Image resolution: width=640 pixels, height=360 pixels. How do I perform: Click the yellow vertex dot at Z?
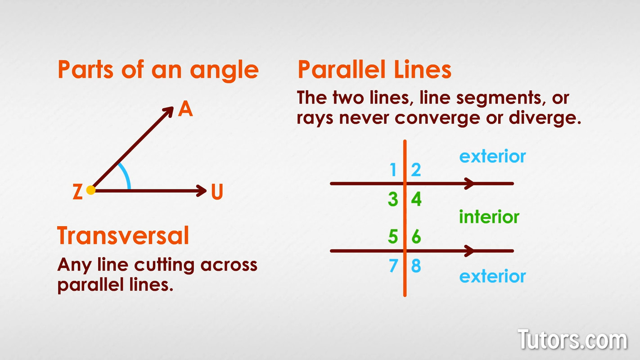tap(91, 190)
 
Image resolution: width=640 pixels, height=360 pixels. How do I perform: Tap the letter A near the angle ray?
tap(185, 108)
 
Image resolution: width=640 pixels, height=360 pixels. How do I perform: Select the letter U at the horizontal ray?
tap(217, 191)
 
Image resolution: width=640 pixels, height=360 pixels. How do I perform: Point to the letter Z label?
tap(77, 191)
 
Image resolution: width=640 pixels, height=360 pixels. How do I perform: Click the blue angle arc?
tap(126, 175)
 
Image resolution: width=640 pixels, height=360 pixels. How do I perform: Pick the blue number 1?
tap(393, 170)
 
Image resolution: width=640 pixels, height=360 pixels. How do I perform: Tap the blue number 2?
tap(416, 170)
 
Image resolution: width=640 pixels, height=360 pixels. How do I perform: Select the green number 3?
tap(393, 199)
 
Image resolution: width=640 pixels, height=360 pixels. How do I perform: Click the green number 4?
tap(416, 199)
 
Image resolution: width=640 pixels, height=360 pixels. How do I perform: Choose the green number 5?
tap(393, 237)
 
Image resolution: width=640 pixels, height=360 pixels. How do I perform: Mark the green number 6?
tap(416, 237)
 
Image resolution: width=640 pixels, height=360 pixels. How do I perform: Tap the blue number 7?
tap(393, 265)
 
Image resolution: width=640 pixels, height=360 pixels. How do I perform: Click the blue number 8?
tap(416, 265)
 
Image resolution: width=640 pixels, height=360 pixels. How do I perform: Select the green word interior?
tap(489, 217)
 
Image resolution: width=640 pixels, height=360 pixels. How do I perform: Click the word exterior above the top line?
tap(492, 156)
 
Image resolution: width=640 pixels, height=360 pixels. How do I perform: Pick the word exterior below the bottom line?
tap(492, 276)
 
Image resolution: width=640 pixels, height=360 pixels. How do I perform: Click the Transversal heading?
tap(123, 235)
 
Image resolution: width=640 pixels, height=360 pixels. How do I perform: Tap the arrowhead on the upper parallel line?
tap(469, 184)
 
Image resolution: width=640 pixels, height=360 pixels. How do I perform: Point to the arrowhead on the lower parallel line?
tap(469, 251)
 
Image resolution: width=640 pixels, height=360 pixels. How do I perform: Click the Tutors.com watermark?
tap(572, 340)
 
